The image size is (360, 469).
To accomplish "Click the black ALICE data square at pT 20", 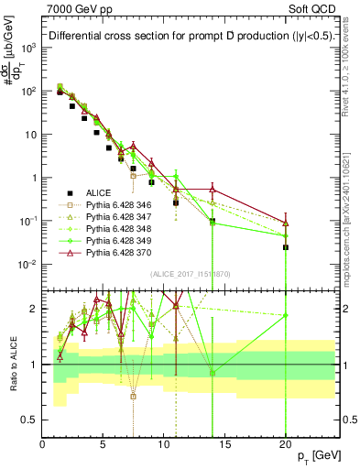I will point(286,247).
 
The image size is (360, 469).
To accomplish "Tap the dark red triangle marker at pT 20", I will point(286,223).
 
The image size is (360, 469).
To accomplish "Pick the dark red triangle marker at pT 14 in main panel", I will point(213,189).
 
